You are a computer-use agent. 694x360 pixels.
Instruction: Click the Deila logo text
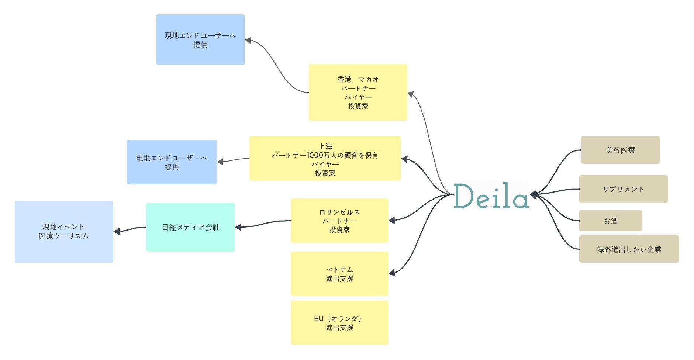pos(491,195)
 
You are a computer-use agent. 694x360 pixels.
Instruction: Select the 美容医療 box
pos(620,150)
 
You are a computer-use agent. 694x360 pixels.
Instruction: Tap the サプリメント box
pos(623,189)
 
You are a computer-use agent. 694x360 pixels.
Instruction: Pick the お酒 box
pos(610,221)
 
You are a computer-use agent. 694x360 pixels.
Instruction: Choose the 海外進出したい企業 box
pos(629,249)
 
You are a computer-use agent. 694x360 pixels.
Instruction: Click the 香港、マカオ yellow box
pos(358,92)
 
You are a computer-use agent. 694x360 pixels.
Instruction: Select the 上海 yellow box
pos(325,158)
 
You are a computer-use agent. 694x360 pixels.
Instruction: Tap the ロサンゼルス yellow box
pos(339,221)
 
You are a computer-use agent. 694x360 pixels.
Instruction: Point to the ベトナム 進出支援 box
pos(339,274)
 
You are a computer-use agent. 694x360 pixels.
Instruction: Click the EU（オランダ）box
pos(339,323)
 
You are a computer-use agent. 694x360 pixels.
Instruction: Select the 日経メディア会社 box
pos(190,227)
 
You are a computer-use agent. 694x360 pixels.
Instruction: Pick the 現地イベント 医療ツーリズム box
pos(64,232)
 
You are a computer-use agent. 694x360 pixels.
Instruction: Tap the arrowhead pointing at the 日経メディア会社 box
pos(238,227)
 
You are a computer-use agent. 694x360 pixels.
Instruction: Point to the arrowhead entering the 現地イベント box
pos(117,231)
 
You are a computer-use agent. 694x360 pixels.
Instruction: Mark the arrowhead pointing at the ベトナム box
pos(392,273)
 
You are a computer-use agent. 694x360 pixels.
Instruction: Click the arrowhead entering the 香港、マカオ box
pos(411,94)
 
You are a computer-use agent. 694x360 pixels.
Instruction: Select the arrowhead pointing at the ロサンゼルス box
pos(392,220)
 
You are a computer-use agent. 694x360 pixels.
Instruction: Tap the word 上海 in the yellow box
pos(325,146)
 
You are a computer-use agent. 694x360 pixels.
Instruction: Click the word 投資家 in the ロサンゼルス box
pos(339,230)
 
